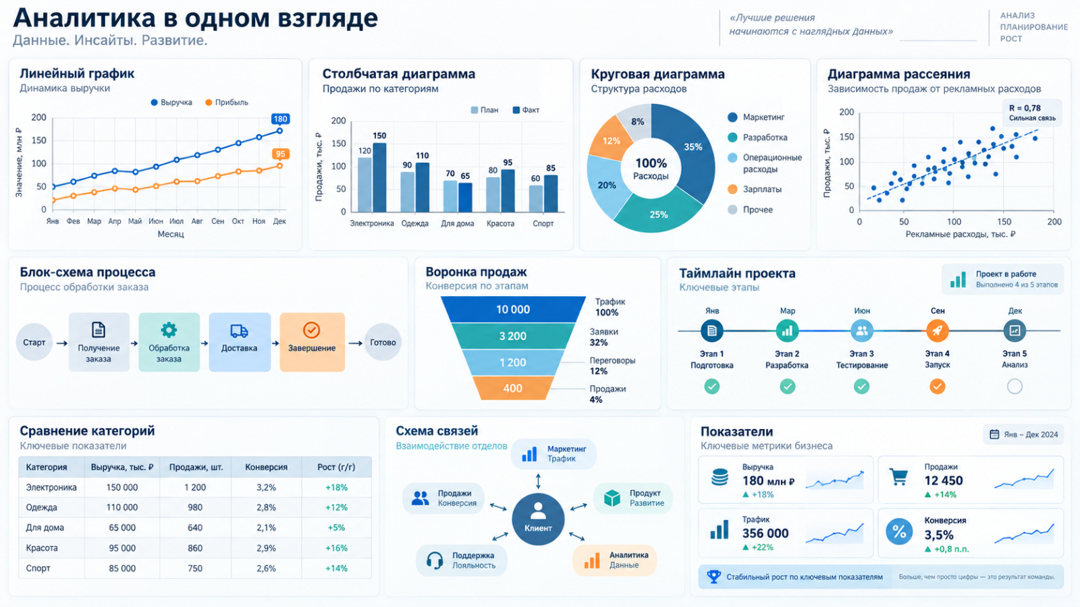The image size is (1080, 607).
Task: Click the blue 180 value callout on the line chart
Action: tap(280, 119)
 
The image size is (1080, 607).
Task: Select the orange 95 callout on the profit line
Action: tap(280, 154)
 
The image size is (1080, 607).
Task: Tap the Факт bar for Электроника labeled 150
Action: tap(379, 177)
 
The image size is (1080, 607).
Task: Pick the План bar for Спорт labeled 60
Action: tap(536, 198)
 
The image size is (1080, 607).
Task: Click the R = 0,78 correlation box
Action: tap(1032, 113)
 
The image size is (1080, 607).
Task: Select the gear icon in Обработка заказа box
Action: tap(169, 330)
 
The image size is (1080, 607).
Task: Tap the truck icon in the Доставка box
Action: tap(239, 330)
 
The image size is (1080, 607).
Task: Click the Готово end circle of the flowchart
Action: tap(383, 343)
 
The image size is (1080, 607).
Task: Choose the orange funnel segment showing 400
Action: tap(512, 388)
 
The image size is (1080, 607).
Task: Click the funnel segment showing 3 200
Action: tap(512, 336)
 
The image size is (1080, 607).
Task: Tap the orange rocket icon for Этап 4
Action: tap(938, 330)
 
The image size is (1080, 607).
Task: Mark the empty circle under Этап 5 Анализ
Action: tap(1015, 386)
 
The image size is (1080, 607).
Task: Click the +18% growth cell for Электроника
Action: tap(336, 488)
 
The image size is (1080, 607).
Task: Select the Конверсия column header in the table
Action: tap(266, 467)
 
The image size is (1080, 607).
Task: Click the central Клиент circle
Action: tap(538, 519)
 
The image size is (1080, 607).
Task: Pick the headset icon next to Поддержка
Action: tap(435, 560)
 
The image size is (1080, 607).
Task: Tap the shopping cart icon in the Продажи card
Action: tap(898, 477)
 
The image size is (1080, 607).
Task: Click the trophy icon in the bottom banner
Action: tap(713, 577)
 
